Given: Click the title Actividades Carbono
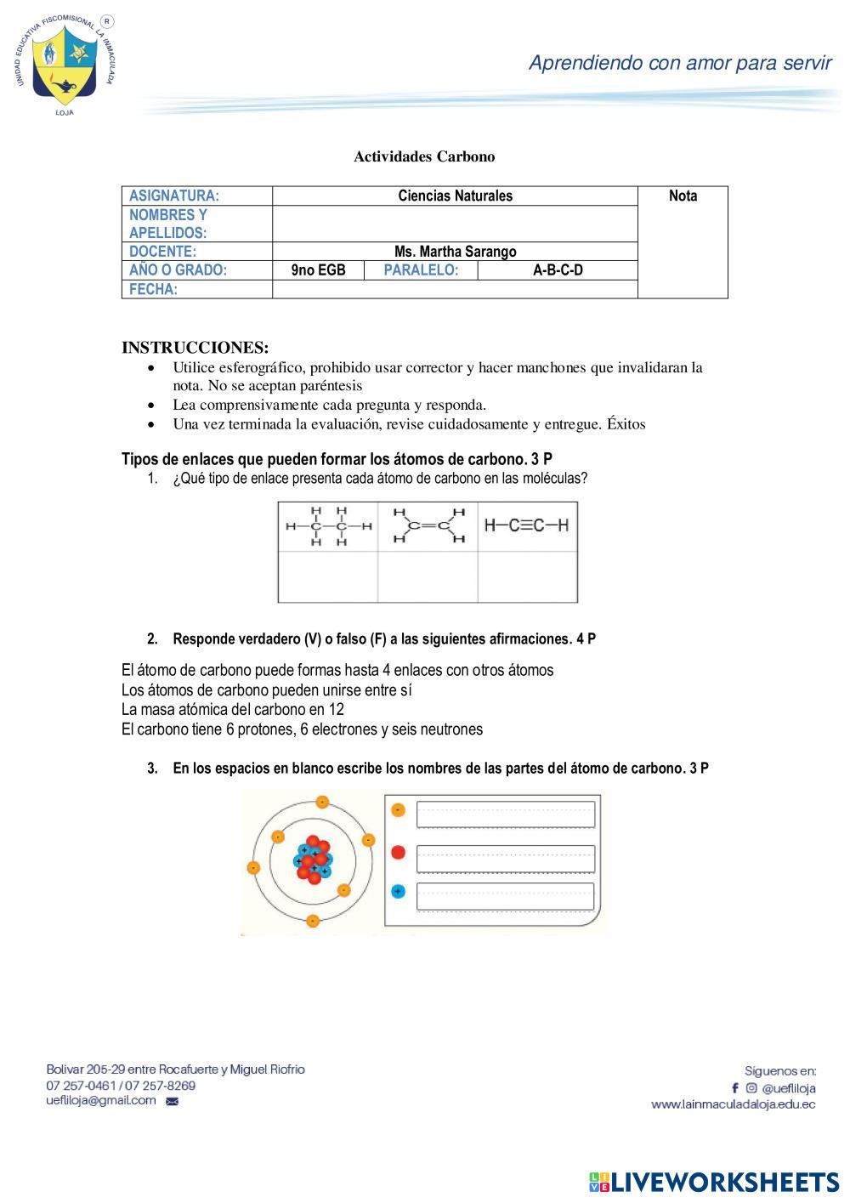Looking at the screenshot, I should (x=424, y=156).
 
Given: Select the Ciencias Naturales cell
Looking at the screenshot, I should (x=455, y=196).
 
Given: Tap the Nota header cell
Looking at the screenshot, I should (x=683, y=196).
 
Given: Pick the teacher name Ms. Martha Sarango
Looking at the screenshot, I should (x=455, y=252).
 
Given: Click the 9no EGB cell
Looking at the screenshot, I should (x=318, y=270).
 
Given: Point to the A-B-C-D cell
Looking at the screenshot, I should (x=558, y=270).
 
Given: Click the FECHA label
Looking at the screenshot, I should (x=154, y=290).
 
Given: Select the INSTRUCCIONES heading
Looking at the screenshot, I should (x=195, y=348).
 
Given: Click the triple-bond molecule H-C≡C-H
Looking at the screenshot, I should (x=527, y=525).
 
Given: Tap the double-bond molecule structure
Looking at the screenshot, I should (x=428, y=526).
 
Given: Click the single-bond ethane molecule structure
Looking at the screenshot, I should (x=328, y=526).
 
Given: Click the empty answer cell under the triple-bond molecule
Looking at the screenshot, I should (x=527, y=577).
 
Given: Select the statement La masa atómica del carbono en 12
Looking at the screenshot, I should (x=233, y=709).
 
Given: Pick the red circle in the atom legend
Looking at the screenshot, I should (x=399, y=853).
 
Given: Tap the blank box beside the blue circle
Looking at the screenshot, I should (x=505, y=896).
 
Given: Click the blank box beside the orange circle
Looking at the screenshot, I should (x=505, y=814).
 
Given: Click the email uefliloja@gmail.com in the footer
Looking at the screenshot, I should (x=101, y=1100).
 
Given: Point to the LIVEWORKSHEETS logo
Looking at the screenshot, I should (x=714, y=1182).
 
